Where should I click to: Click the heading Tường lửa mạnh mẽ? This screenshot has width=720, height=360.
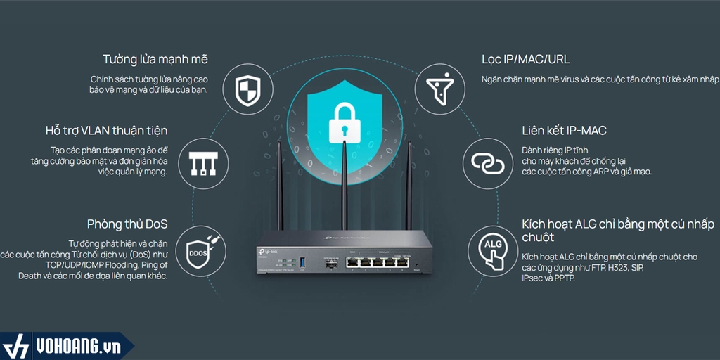[155, 59]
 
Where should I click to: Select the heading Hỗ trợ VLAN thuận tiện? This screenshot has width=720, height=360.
[106, 131]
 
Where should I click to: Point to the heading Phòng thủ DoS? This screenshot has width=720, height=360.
[127, 224]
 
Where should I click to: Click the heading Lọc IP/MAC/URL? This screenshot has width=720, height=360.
[526, 59]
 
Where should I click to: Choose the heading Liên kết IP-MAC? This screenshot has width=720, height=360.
[565, 131]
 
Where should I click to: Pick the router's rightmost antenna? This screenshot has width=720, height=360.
[409, 186]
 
